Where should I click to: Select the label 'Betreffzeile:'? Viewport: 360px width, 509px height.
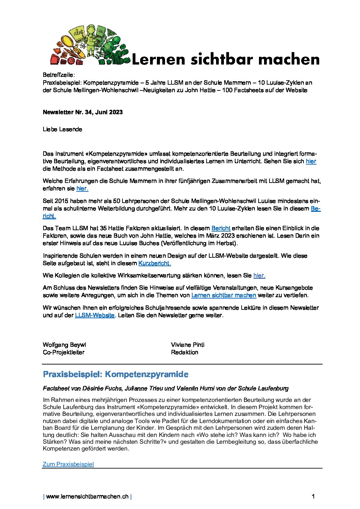click(59, 75)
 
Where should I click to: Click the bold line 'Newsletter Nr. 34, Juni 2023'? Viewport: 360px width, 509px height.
click(83, 112)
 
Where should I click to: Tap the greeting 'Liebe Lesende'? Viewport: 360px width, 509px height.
click(62, 129)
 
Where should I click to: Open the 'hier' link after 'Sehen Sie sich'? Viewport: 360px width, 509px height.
click(311, 161)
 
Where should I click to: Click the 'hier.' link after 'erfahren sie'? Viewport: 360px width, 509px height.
click(82, 188)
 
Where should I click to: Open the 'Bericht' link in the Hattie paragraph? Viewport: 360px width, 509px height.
click(221, 228)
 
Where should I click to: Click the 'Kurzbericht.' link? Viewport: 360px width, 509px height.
click(154, 263)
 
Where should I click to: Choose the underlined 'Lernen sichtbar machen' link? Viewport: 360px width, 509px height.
click(224, 295)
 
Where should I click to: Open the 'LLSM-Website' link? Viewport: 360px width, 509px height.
click(95, 315)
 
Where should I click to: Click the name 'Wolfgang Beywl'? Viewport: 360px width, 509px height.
click(64, 345)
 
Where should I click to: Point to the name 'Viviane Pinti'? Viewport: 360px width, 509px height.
click(187, 345)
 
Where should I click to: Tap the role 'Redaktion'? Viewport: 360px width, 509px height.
click(184, 352)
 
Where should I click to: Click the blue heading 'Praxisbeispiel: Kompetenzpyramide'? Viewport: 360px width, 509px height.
click(116, 374)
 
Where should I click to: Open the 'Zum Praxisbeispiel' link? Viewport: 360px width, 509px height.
click(68, 464)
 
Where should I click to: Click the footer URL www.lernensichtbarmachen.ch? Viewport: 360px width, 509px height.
click(87, 496)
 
